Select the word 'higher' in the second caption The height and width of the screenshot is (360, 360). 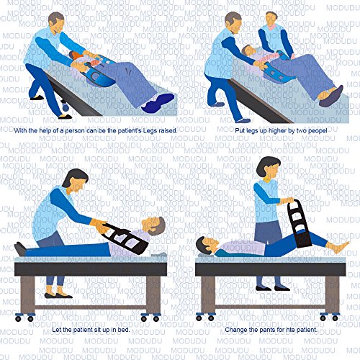pos(261,130)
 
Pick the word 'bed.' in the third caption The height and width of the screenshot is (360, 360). pos(118,330)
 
